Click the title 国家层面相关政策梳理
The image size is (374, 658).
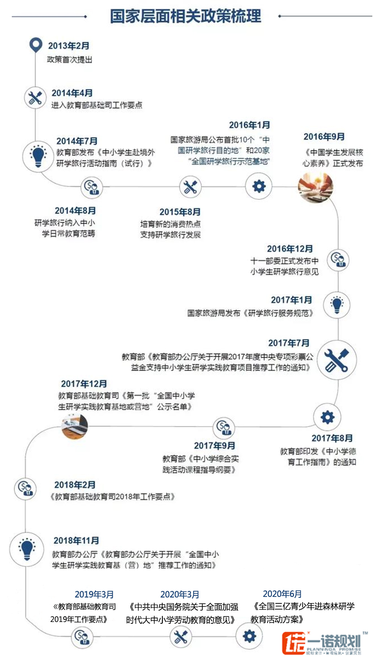click(185, 16)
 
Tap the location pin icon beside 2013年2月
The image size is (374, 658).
click(35, 45)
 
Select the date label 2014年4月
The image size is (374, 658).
click(72, 93)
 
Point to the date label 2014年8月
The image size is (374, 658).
click(75, 211)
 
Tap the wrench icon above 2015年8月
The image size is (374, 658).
click(190, 187)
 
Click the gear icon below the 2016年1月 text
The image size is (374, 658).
click(259, 186)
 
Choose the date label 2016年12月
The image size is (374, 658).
click(290, 249)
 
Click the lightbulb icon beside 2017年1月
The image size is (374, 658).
click(337, 304)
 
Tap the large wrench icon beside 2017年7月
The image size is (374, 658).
click(337, 360)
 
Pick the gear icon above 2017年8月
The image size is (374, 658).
click(327, 417)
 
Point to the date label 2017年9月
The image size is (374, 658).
click(214, 445)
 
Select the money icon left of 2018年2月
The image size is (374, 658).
click(26, 488)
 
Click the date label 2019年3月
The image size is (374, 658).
click(94, 594)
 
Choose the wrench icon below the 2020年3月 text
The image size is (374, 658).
click(180, 636)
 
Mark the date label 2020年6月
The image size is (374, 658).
click(282, 594)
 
